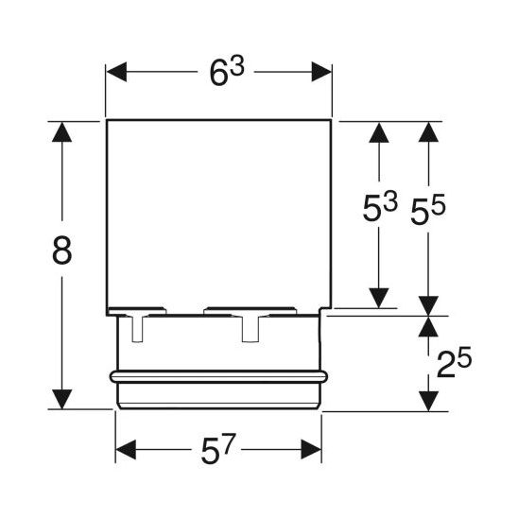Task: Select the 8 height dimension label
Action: click(63, 251)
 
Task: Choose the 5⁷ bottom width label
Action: click(219, 450)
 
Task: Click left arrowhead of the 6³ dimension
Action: click(116, 72)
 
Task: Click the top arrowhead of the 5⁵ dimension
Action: click(430, 133)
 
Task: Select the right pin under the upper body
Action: click(251, 327)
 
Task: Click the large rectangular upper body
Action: click(218, 213)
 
